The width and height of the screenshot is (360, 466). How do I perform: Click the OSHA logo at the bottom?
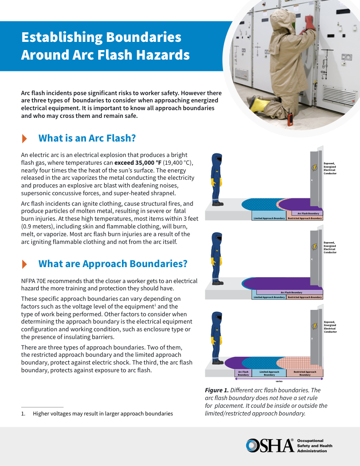click(x=269, y=446)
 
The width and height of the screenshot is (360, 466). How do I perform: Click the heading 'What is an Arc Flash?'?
click(x=87, y=138)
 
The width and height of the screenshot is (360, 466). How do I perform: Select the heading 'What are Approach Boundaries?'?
click(x=112, y=264)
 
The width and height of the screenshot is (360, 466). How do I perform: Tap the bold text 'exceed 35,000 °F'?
click(x=137, y=162)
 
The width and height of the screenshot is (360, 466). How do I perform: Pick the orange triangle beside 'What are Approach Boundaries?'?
click(x=25, y=264)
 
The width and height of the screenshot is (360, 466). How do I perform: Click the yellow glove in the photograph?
click(x=259, y=104)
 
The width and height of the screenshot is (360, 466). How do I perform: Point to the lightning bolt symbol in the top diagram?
click(x=314, y=167)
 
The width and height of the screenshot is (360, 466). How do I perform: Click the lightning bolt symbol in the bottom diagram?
click(x=314, y=326)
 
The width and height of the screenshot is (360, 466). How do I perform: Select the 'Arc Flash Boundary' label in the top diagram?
click(x=308, y=213)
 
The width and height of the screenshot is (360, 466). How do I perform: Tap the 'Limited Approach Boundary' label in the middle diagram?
click(x=269, y=297)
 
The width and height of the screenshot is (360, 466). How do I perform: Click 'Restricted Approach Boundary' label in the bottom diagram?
click(x=305, y=373)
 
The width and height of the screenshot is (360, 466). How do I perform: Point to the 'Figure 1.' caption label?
click(x=217, y=390)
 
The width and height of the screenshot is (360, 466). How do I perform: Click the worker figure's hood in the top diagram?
click(x=217, y=160)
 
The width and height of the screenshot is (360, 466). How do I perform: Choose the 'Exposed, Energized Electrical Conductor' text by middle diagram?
click(x=330, y=247)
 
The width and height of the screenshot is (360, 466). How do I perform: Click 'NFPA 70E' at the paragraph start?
click(x=34, y=281)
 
